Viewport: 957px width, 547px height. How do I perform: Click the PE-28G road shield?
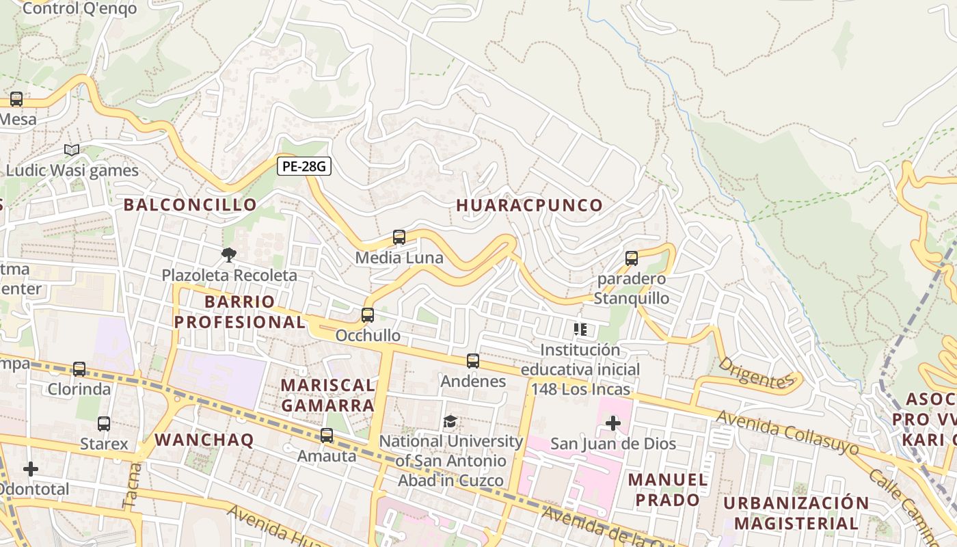pyautogui.click(x=304, y=166)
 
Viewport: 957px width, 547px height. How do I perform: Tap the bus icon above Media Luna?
pyautogui.click(x=399, y=237)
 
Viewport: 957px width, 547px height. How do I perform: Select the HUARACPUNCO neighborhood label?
pyautogui.click(x=530, y=205)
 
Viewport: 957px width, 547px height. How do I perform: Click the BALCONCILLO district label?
pyautogui.click(x=190, y=204)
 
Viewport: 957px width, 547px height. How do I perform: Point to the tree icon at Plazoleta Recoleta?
pyautogui.click(x=229, y=255)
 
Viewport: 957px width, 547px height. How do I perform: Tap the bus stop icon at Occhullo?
pyautogui.click(x=368, y=315)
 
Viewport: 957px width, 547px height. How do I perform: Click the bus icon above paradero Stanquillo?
pyautogui.click(x=632, y=258)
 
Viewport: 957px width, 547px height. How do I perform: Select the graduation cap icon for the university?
pyautogui.click(x=450, y=421)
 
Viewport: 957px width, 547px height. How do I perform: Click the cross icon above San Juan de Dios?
pyautogui.click(x=613, y=424)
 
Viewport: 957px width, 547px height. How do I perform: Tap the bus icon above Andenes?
pyautogui.click(x=473, y=360)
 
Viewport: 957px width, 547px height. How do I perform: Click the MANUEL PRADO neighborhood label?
pyautogui.click(x=668, y=490)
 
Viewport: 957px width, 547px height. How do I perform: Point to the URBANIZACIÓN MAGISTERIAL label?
pyautogui.click(x=796, y=513)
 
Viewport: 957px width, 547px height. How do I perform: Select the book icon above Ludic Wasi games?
pyautogui.click(x=72, y=150)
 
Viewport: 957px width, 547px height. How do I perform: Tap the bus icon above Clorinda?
pyautogui.click(x=79, y=369)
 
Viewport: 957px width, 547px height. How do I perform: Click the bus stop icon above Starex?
pyautogui.click(x=104, y=424)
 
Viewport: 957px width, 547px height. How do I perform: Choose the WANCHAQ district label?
pyautogui.click(x=204, y=440)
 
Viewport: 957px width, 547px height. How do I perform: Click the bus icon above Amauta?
pyautogui.click(x=327, y=436)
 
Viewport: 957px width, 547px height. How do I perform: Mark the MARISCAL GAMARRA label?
pyautogui.click(x=327, y=395)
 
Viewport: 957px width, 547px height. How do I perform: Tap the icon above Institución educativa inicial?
pyautogui.click(x=580, y=330)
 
